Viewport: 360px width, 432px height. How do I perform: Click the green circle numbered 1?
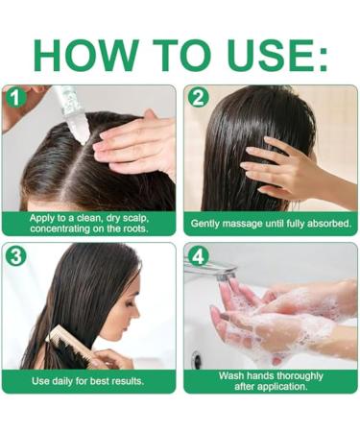point(13,97)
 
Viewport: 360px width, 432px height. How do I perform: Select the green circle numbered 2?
point(198,97)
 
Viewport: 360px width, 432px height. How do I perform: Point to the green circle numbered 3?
point(13,255)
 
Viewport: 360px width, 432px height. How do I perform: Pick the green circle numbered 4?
point(198,255)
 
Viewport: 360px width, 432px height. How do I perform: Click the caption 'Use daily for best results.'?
point(88,381)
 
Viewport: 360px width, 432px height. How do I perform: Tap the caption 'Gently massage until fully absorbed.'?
point(271,224)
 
